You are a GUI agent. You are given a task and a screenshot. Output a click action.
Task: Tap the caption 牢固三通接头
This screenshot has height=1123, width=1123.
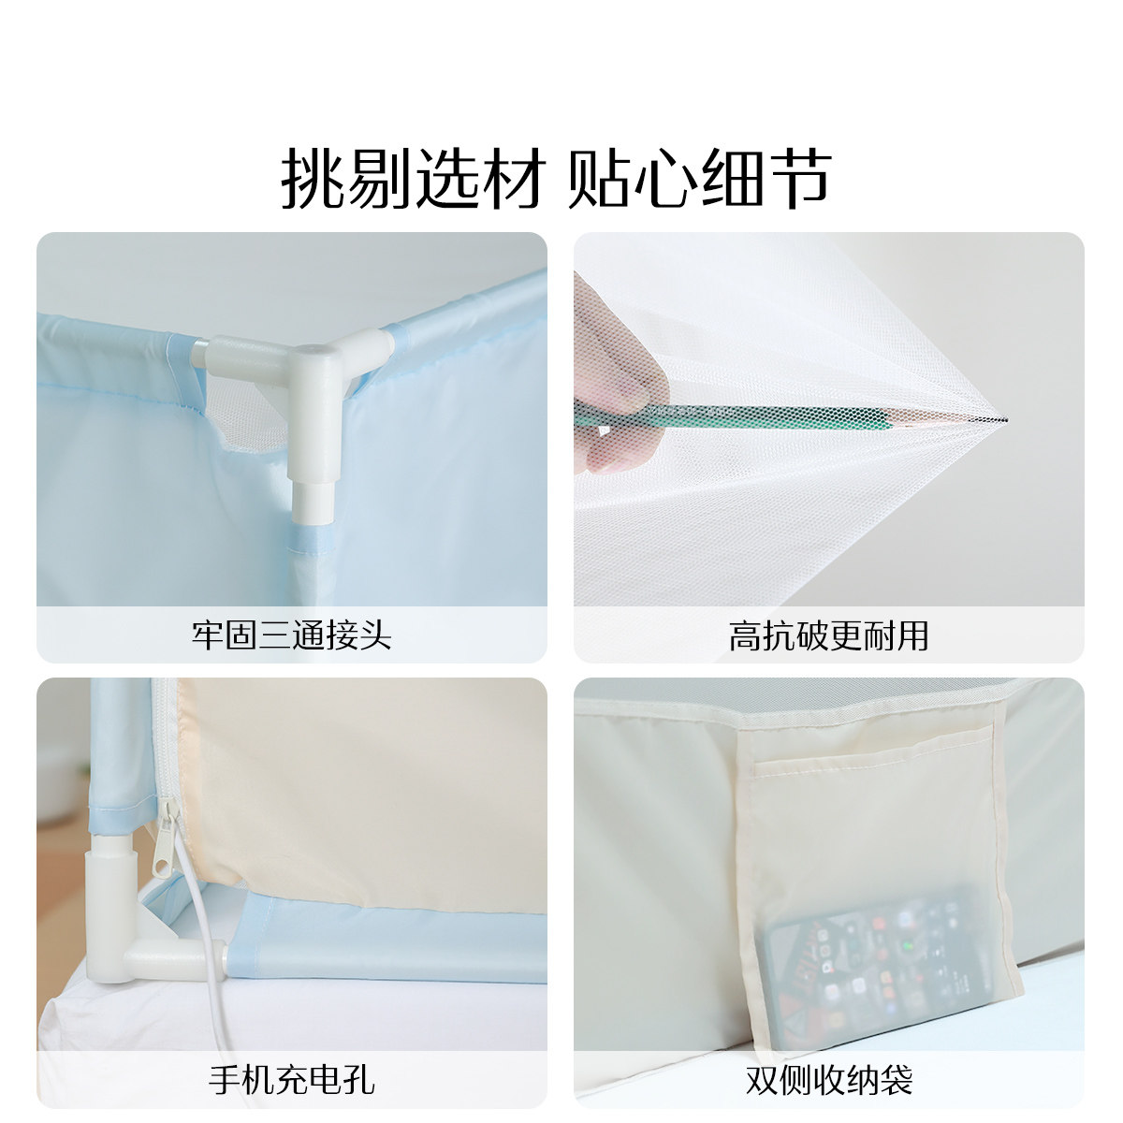click(x=291, y=635)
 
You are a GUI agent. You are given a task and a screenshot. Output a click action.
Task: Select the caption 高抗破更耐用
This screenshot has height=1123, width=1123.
click(x=828, y=635)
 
